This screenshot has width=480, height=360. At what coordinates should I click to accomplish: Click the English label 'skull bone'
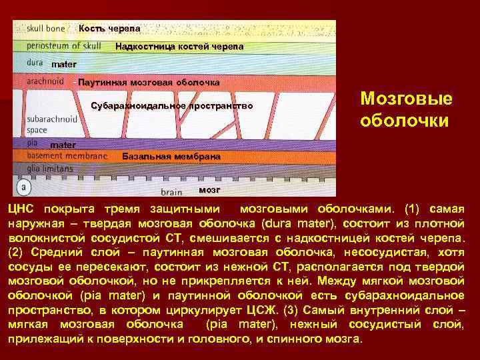pyautogui.click(x=45, y=29)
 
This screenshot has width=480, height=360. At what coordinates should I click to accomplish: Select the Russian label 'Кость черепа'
pyautogui.click(x=109, y=29)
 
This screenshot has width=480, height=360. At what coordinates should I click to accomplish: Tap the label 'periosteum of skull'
pyautogui.click(x=64, y=46)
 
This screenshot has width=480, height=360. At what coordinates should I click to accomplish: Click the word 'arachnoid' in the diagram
pyautogui.click(x=45, y=81)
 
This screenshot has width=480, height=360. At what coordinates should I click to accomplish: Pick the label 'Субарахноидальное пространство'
pyautogui.click(x=172, y=106)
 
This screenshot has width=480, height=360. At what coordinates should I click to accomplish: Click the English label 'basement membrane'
pyautogui.click(x=67, y=155)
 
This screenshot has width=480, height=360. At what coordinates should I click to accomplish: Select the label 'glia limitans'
pyautogui.click(x=50, y=169)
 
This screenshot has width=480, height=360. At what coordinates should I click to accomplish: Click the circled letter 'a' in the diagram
pyautogui.click(x=23, y=186)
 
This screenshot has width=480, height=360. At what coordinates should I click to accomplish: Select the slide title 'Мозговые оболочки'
pyautogui.click(x=405, y=110)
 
